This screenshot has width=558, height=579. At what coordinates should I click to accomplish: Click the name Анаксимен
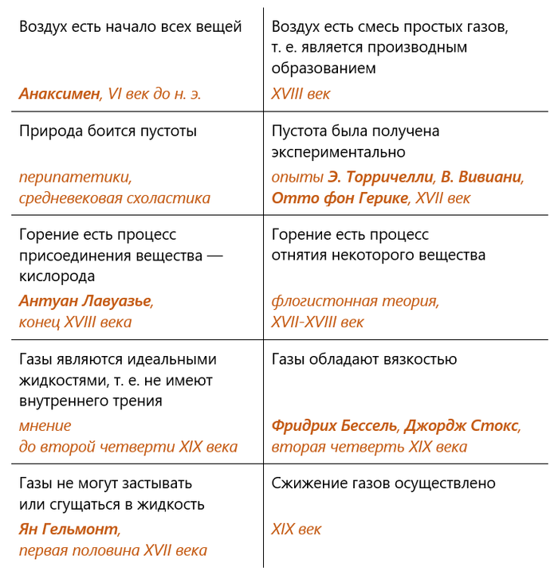59,94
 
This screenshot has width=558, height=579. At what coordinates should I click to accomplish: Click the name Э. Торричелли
380,177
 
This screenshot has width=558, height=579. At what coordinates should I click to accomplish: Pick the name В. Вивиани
481,177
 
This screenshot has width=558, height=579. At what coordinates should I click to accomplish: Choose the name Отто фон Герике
339,198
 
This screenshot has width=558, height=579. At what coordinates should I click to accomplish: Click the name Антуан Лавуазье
84,300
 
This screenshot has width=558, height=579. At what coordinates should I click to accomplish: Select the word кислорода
57,276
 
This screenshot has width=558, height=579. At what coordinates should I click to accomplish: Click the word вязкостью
414,359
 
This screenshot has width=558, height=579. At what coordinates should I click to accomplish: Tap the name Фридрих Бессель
335,425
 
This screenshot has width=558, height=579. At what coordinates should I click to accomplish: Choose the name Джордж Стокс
462,425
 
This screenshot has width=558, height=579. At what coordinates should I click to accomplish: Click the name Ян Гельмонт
69,528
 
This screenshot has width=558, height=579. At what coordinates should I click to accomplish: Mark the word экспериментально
338,151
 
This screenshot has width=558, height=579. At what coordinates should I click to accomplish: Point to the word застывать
153,483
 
